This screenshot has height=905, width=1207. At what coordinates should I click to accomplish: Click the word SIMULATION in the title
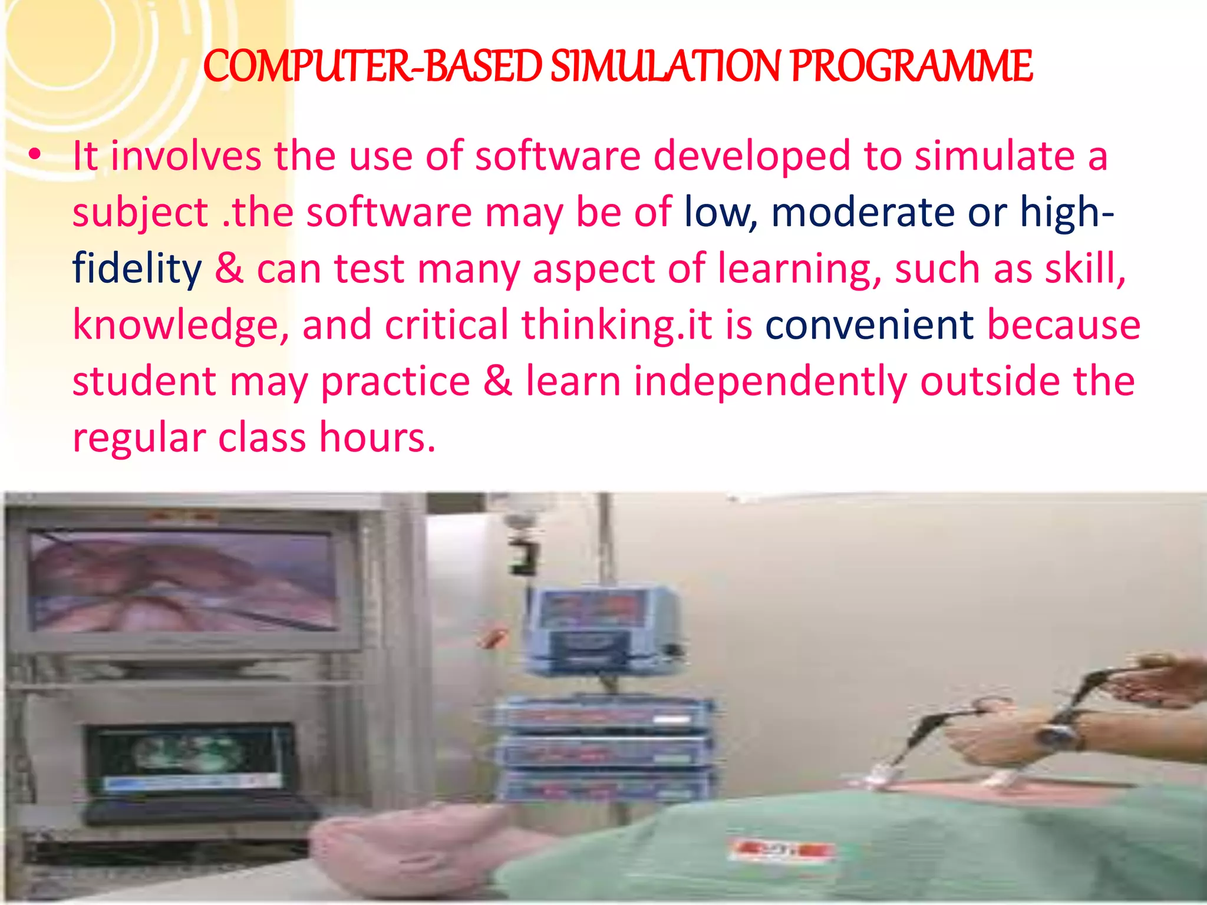(666, 66)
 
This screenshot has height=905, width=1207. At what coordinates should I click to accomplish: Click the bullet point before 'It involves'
(35, 156)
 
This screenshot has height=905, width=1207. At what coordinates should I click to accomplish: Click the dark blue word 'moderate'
(863, 212)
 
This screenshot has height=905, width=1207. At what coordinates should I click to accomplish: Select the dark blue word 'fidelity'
(137, 269)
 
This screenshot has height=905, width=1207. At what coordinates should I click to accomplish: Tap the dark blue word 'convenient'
(869, 325)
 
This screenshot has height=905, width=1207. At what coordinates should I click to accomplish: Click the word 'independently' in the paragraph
(770, 382)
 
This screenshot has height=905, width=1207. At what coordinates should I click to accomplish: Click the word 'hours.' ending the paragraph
(377, 438)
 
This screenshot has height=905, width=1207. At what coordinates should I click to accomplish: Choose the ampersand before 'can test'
(229, 269)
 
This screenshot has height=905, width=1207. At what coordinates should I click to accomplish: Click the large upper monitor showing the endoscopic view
(183, 580)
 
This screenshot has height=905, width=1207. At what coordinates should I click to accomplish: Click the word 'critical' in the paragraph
(446, 325)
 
